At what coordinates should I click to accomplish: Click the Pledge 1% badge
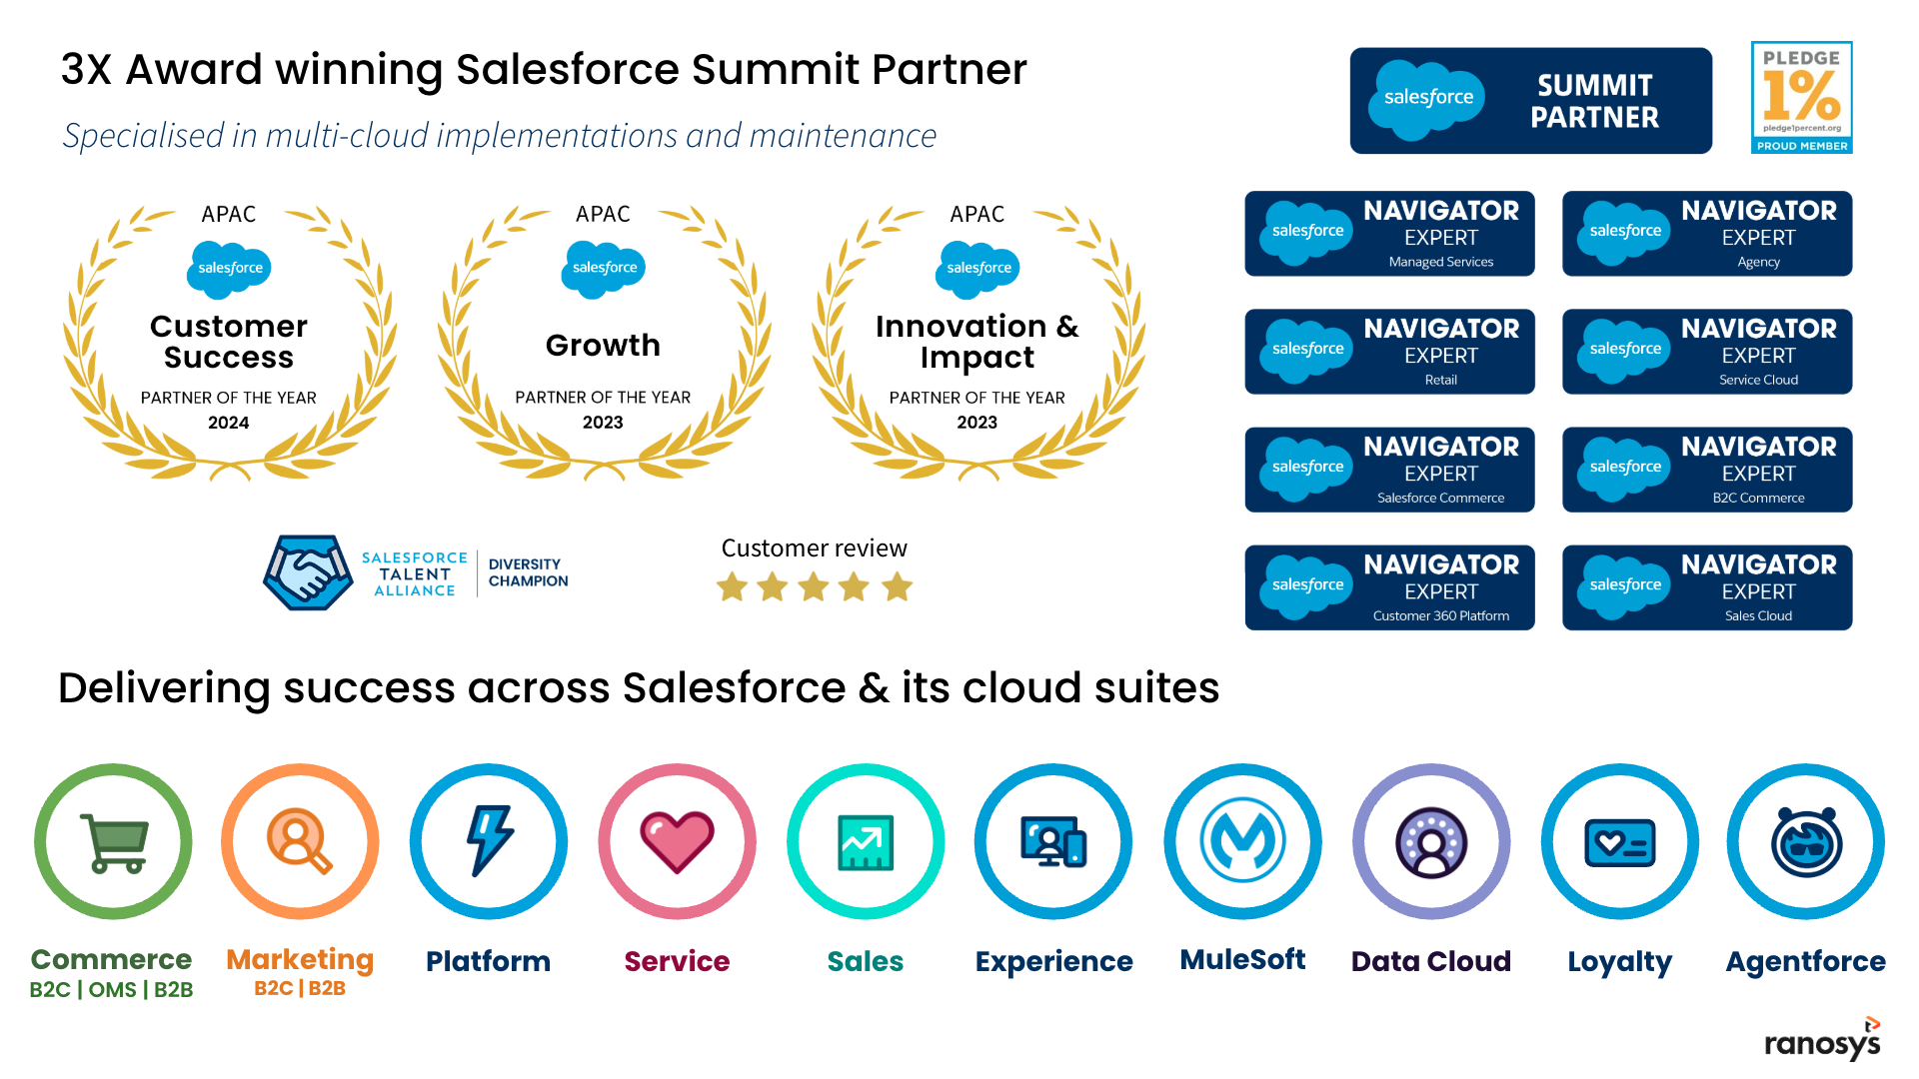point(1801,97)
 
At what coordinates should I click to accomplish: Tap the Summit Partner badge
point(1530,101)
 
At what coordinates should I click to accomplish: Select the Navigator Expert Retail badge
point(1389,352)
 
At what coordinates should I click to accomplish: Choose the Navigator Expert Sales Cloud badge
point(1707,587)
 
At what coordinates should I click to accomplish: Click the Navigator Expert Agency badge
point(1707,234)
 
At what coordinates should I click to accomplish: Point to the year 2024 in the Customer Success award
point(228,423)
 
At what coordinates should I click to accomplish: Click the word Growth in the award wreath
point(603,346)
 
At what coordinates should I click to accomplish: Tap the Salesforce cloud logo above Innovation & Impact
point(978,268)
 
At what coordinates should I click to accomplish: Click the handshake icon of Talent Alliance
point(308,572)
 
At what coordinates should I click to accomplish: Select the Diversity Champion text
point(528,572)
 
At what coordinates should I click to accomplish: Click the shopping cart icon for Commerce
point(114,842)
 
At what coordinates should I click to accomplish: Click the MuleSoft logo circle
point(1242,841)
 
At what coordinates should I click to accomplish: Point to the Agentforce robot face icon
point(1806,842)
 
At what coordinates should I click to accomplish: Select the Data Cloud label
point(1430,961)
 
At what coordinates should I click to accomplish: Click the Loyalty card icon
point(1619,843)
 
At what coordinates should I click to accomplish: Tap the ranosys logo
point(1822,1041)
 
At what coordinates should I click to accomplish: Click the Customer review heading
point(814,548)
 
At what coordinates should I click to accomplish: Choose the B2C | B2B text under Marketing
point(300,989)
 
